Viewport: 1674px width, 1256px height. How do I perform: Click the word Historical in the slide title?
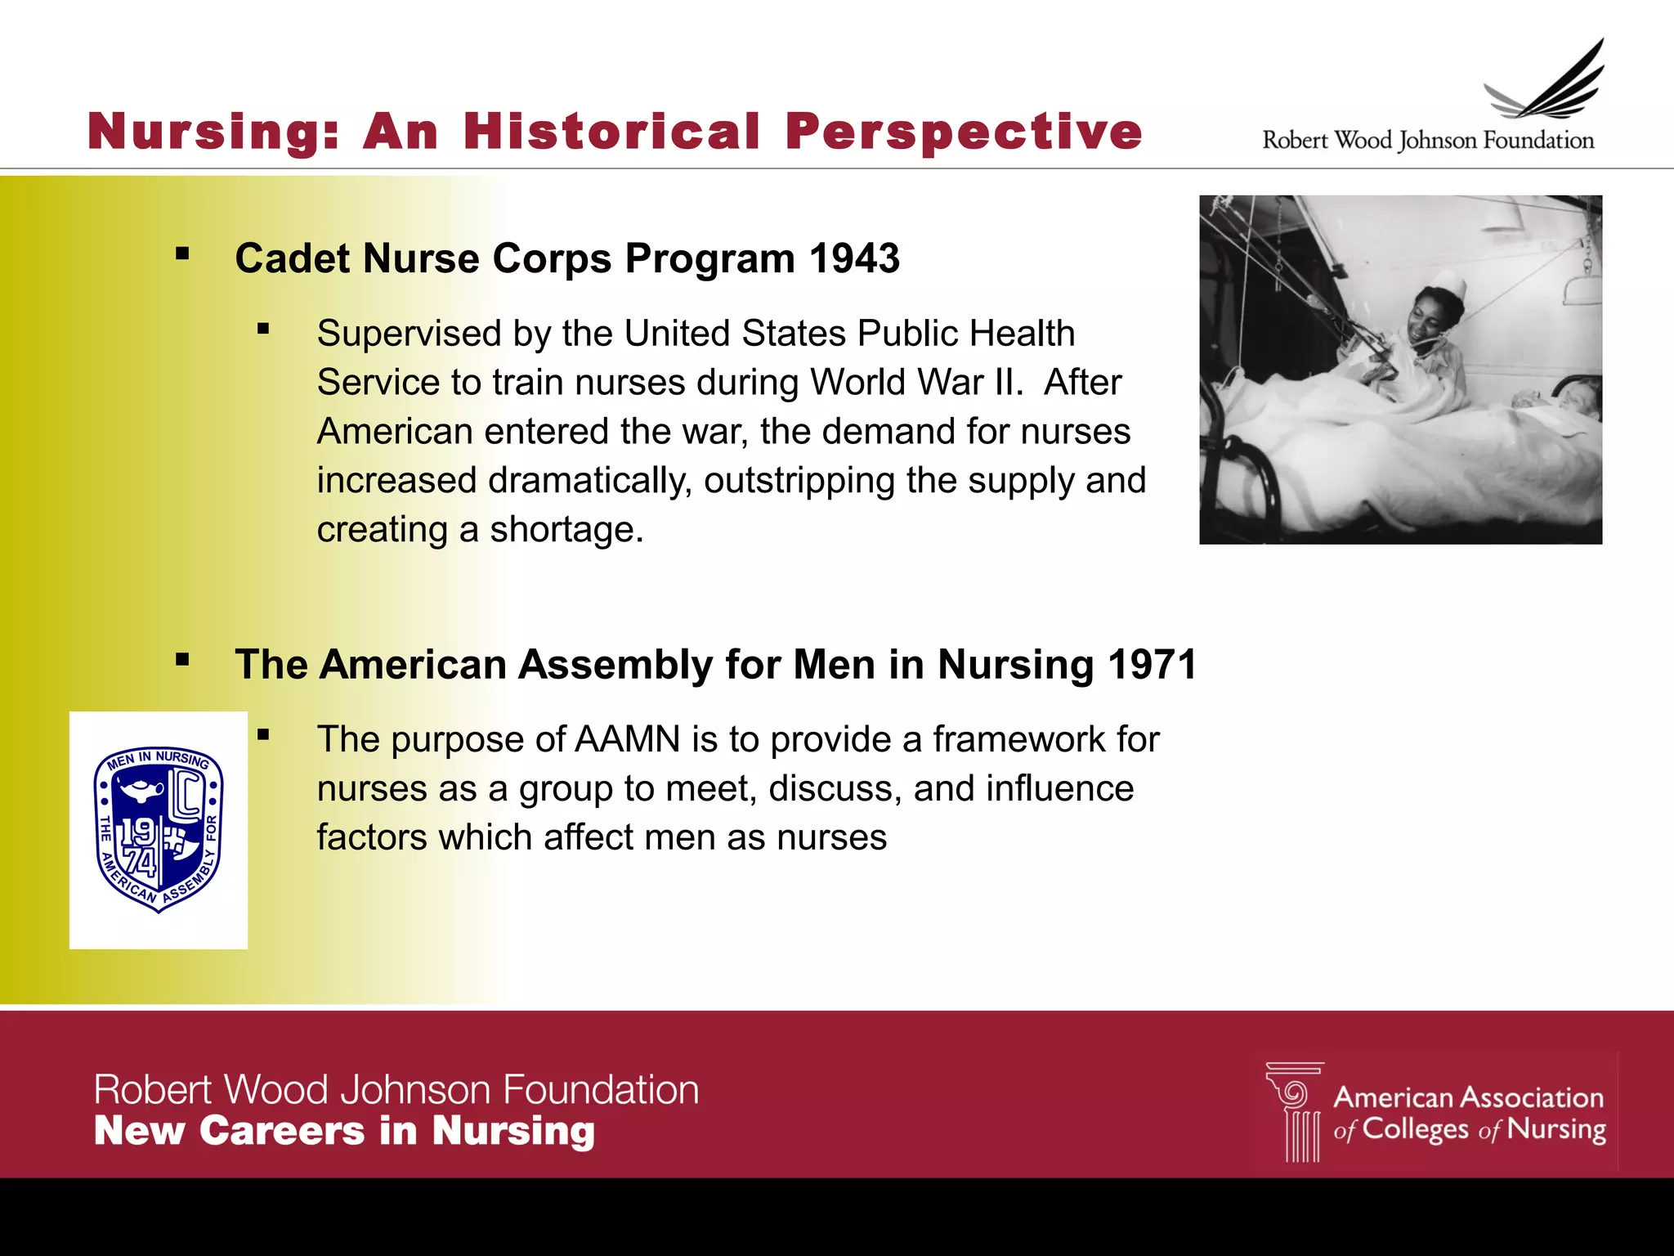point(611,132)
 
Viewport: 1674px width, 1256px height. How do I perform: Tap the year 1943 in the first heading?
point(854,259)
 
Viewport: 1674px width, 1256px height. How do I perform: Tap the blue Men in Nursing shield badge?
point(159,829)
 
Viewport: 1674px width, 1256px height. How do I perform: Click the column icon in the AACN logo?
point(1296,1112)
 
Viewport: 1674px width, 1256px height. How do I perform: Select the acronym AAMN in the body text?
point(628,740)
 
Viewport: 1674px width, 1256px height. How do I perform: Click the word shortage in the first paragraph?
point(566,531)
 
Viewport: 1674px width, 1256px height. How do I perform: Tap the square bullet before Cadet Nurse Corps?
point(182,254)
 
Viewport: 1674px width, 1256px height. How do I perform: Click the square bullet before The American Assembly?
point(182,660)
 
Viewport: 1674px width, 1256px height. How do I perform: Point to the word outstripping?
point(799,482)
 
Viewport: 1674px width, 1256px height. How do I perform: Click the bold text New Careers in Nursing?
point(344,1132)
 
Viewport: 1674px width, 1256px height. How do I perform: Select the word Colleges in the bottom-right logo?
point(1415,1129)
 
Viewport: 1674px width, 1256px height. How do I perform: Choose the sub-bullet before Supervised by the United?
point(263,330)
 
